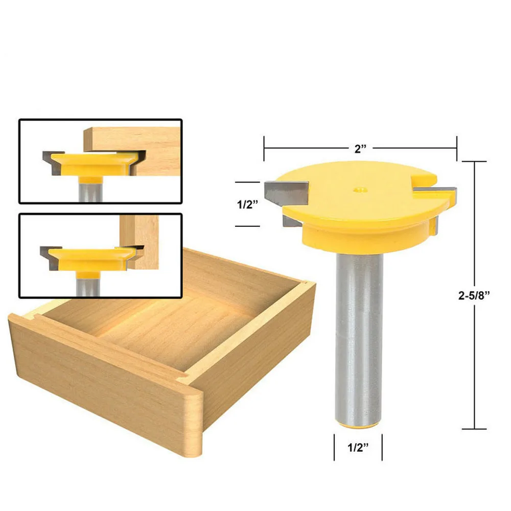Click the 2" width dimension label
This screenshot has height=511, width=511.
click(360, 149)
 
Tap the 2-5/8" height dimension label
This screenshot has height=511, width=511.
click(474, 295)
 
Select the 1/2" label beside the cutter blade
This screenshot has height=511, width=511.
click(247, 204)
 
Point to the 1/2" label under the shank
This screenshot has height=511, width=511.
click(358, 448)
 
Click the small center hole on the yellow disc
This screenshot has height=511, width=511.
click(360, 189)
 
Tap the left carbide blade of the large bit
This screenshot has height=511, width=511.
click(286, 193)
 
